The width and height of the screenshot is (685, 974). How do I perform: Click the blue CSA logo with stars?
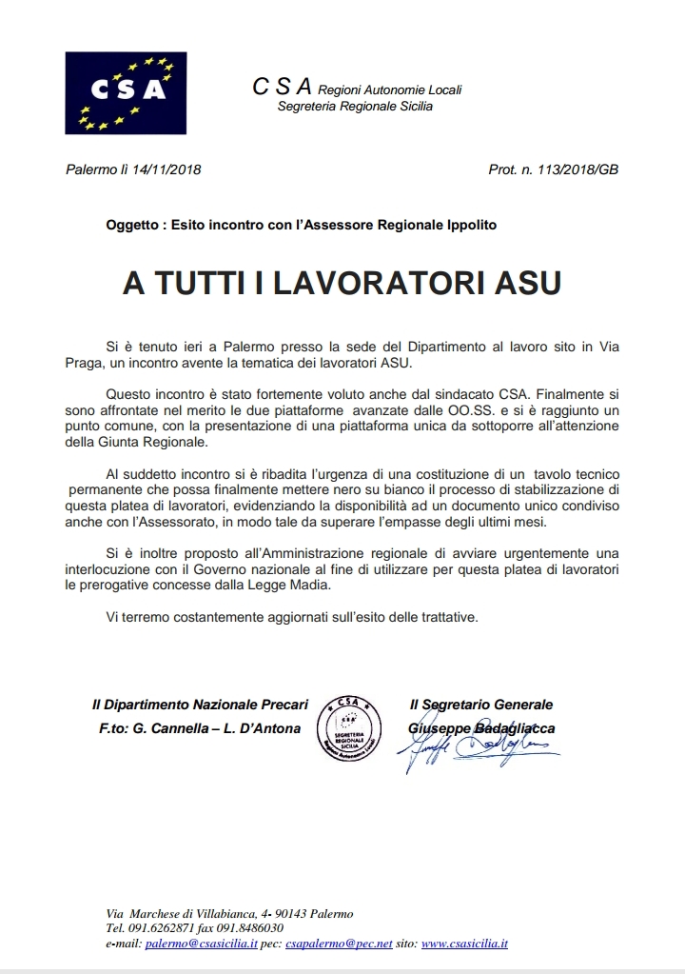pyautogui.click(x=119, y=92)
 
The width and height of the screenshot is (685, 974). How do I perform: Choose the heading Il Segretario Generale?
pyautogui.click(x=480, y=705)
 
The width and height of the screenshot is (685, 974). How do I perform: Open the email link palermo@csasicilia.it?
pyautogui.click(x=199, y=944)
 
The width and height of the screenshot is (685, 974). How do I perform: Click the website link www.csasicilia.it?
pyautogui.click(x=464, y=944)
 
